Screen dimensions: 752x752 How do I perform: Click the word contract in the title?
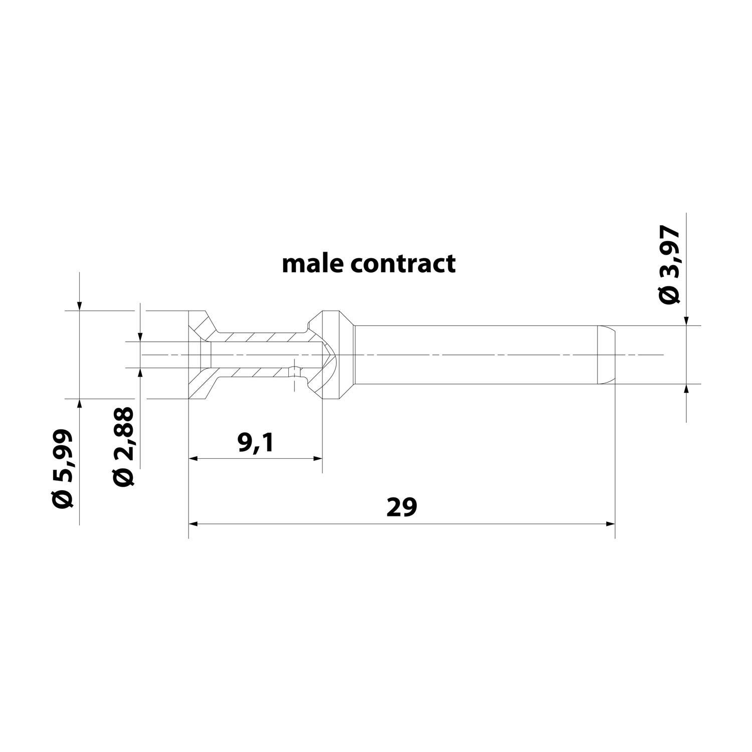[403, 263]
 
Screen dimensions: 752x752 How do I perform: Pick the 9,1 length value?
[256, 443]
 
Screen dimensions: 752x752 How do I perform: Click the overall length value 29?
[402, 507]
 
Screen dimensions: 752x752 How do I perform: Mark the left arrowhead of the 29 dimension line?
[193, 524]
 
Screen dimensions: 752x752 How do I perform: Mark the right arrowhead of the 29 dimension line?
[610, 524]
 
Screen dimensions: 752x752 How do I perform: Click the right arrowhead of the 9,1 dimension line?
[317, 458]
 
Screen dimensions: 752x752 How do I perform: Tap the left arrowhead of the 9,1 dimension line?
[193, 458]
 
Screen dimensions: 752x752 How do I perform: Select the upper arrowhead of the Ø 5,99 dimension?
[80, 306]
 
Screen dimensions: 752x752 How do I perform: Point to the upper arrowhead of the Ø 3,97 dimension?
[686, 321]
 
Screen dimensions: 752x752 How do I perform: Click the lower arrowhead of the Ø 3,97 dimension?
[686, 389]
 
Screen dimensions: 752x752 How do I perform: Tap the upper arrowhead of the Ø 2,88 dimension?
[141, 337]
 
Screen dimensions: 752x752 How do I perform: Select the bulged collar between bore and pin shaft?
[332, 355]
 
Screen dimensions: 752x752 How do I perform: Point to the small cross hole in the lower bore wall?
[294, 372]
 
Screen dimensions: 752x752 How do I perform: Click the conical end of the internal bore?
[327, 355]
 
